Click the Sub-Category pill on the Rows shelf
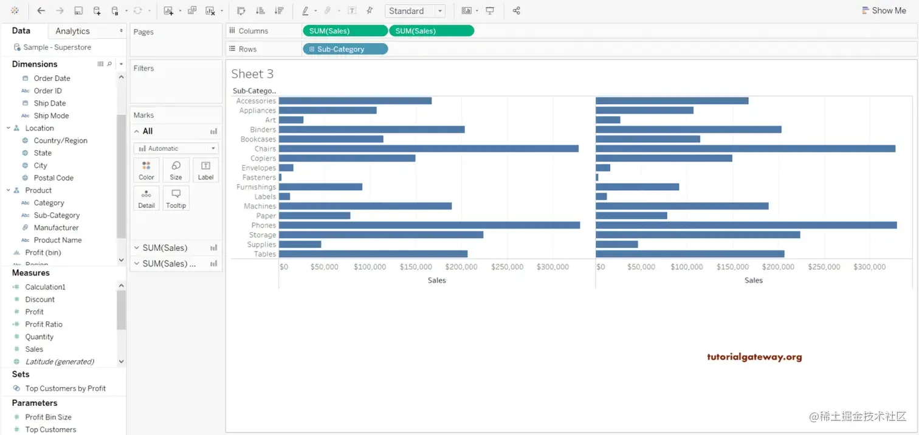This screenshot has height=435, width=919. pos(345,49)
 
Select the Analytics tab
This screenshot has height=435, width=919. pos(72,31)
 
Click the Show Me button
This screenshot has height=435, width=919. pos(884,10)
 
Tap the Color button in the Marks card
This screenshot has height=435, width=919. pos(146,170)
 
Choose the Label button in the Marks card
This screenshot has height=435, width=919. pos(206,170)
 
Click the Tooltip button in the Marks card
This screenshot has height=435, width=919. pos(176,199)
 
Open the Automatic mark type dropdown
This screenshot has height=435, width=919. pos(176,148)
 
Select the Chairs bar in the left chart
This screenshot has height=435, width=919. pos(429,149)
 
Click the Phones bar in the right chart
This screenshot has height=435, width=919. pos(746,225)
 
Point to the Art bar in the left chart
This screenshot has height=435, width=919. pos(291,120)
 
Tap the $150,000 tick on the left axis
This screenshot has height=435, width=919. pos(415,267)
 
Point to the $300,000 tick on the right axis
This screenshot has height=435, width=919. pos(869,267)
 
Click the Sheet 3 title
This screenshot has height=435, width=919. pos(252,74)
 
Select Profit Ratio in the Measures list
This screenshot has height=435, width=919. pos(44,324)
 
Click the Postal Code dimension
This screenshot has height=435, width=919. pos(53,178)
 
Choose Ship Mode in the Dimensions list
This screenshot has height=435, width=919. pos(51,116)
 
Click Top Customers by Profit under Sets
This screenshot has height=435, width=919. pos(66,389)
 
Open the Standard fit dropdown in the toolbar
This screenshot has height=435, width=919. pos(415,11)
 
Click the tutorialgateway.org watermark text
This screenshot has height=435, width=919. pos(754,357)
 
